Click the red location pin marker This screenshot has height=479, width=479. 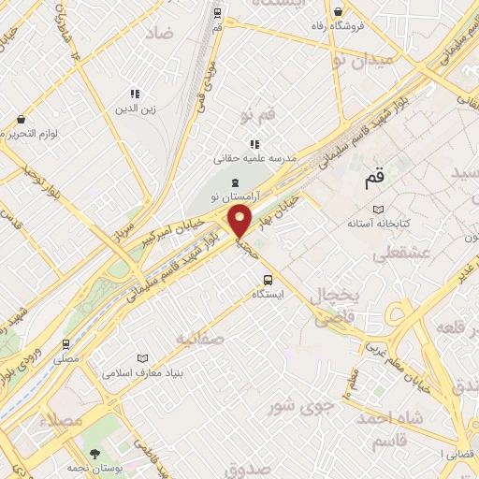(x=240, y=222)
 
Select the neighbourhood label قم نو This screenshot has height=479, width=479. (x=259, y=115)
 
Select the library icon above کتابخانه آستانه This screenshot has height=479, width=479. (x=378, y=209)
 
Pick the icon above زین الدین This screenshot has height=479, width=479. (x=135, y=94)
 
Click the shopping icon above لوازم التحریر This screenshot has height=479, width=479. (x=21, y=119)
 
